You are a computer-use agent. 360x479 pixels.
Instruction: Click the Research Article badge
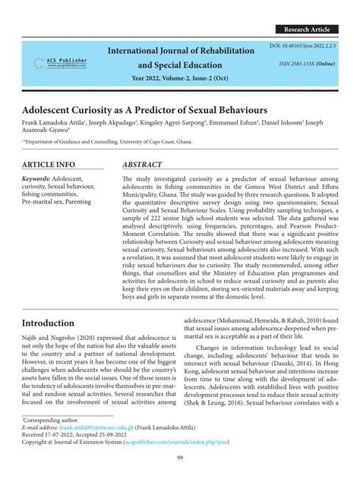pos(307,29)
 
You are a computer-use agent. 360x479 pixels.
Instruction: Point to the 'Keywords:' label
pos(40,178)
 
